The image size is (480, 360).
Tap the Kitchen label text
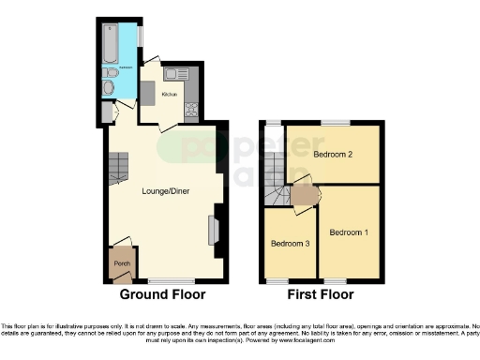(170, 95)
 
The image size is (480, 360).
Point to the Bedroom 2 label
(333, 155)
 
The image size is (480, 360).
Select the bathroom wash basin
(110, 88)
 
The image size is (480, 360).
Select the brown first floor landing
(305, 195)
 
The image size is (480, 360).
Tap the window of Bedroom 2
(335, 123)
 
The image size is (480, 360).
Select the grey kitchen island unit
(149, 90)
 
